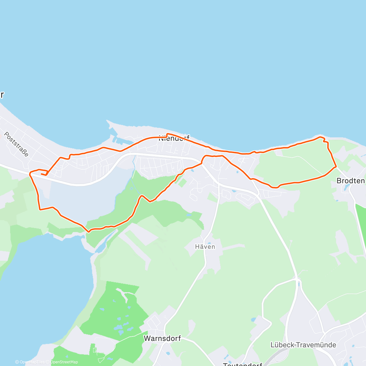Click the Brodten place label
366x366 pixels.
350,181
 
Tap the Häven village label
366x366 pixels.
205,246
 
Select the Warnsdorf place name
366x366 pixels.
162,338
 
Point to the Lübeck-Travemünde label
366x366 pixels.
303,345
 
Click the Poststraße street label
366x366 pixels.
16,144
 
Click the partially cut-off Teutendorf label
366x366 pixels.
242,364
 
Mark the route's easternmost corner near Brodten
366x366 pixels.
336,167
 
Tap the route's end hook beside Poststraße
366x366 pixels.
43,174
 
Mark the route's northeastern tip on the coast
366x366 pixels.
320,137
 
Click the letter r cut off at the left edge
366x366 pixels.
2,95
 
